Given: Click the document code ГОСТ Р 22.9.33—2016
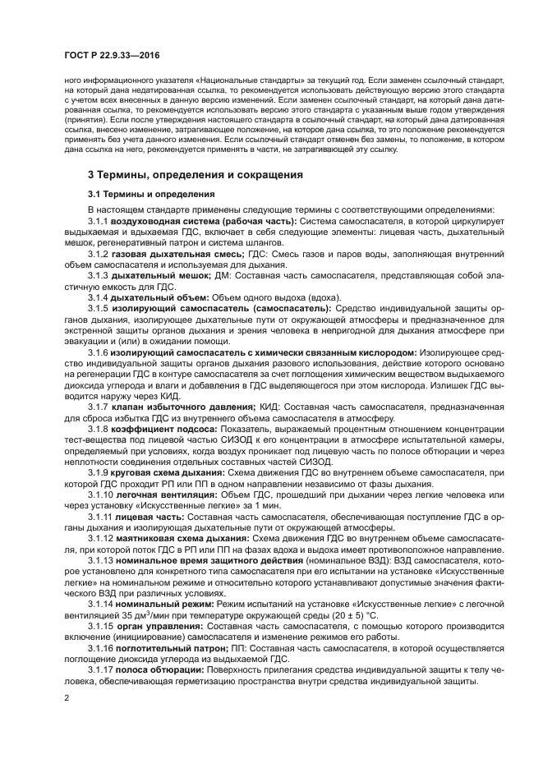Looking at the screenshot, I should click(x=111, y=55).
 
